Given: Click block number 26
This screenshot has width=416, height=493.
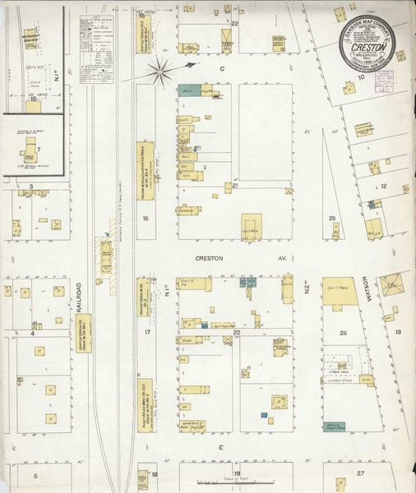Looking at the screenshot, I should pyautogui.click(x=343, y=333).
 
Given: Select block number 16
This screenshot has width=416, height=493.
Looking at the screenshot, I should pyautogui.click(x=145, y=219).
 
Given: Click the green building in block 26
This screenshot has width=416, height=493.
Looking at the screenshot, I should pyautogui.click(x=335, y=426).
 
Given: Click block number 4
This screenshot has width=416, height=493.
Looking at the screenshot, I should pyautogui.click(x=34, y=334).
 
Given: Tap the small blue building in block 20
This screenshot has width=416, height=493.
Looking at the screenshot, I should pyautogui.click(x=262, y=415).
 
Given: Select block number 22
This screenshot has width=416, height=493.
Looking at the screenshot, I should pyautogui.click(x=234, y=24).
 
